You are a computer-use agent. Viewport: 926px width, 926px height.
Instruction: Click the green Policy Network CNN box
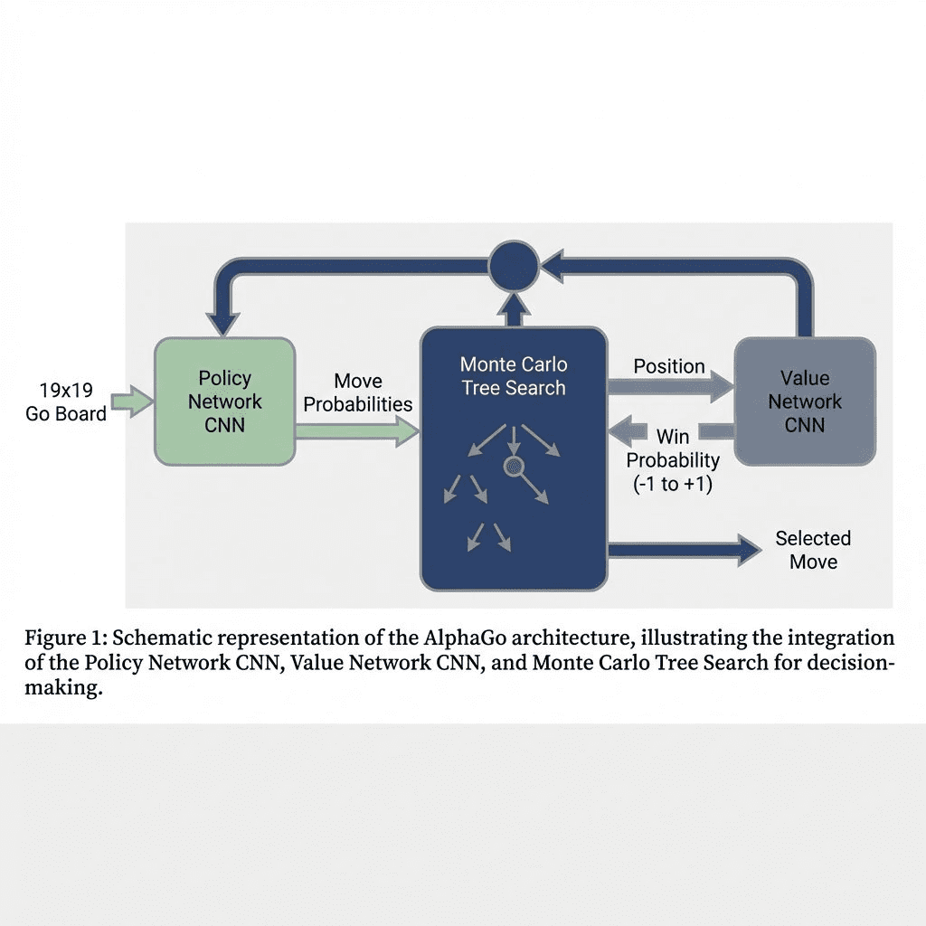[x=224, y=402]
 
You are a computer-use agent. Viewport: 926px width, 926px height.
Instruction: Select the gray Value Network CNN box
[x=804, y=402]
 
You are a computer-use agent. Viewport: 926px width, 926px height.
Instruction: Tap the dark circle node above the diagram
[x=514, y=265]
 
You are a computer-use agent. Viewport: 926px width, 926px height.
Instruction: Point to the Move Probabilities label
[x=358, y=392]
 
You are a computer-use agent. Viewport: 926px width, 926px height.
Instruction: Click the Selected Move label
[x=813, y=550]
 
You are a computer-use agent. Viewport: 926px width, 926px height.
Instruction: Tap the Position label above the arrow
[x=669, y=366]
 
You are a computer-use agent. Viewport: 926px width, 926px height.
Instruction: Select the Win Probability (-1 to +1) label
[x=673, y=460]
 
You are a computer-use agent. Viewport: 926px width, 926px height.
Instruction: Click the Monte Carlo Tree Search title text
[x=514, y=376]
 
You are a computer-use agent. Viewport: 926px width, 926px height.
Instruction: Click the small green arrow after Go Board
[x=132, y=402]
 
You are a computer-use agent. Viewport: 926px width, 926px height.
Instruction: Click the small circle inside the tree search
[x=513, y=467]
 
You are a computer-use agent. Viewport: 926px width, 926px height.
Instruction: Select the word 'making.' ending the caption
[x=64, y=689]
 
